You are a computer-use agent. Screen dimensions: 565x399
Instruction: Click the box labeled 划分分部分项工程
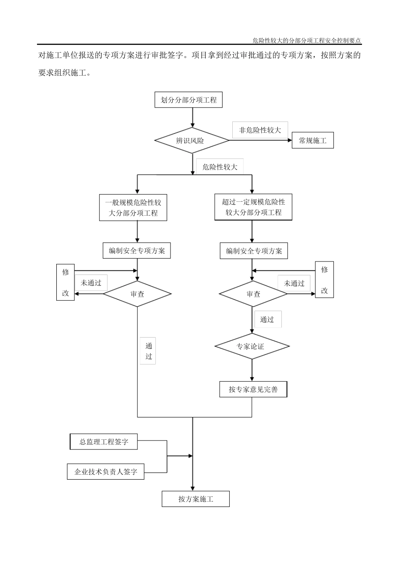189,100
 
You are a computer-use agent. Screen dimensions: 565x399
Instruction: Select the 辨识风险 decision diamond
192,140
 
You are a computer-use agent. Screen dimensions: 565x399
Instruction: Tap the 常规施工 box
313,140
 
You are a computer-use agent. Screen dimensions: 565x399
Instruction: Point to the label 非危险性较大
260,130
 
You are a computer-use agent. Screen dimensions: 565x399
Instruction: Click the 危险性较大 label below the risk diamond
220,167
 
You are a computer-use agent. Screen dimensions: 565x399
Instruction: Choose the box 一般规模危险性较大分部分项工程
133,208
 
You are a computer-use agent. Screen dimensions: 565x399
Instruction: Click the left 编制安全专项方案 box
137,251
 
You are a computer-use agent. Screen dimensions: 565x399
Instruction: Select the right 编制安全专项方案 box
254,251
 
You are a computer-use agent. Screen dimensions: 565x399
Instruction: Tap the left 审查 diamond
137,294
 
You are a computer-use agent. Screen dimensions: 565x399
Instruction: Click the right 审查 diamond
253,294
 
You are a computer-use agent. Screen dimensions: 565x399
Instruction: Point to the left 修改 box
66,282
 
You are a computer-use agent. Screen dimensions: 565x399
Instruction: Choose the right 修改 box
324,280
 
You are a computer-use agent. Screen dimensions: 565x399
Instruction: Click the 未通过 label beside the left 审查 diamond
91,283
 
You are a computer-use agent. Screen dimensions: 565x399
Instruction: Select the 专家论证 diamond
252,346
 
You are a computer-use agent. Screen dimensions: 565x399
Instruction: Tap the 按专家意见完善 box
253,389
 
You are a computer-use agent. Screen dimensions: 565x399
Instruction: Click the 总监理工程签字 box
104,442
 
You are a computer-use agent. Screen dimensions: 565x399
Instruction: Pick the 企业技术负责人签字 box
106,472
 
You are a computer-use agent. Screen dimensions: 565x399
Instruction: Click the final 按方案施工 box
196,499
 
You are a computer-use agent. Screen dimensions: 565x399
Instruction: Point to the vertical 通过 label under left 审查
148,351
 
